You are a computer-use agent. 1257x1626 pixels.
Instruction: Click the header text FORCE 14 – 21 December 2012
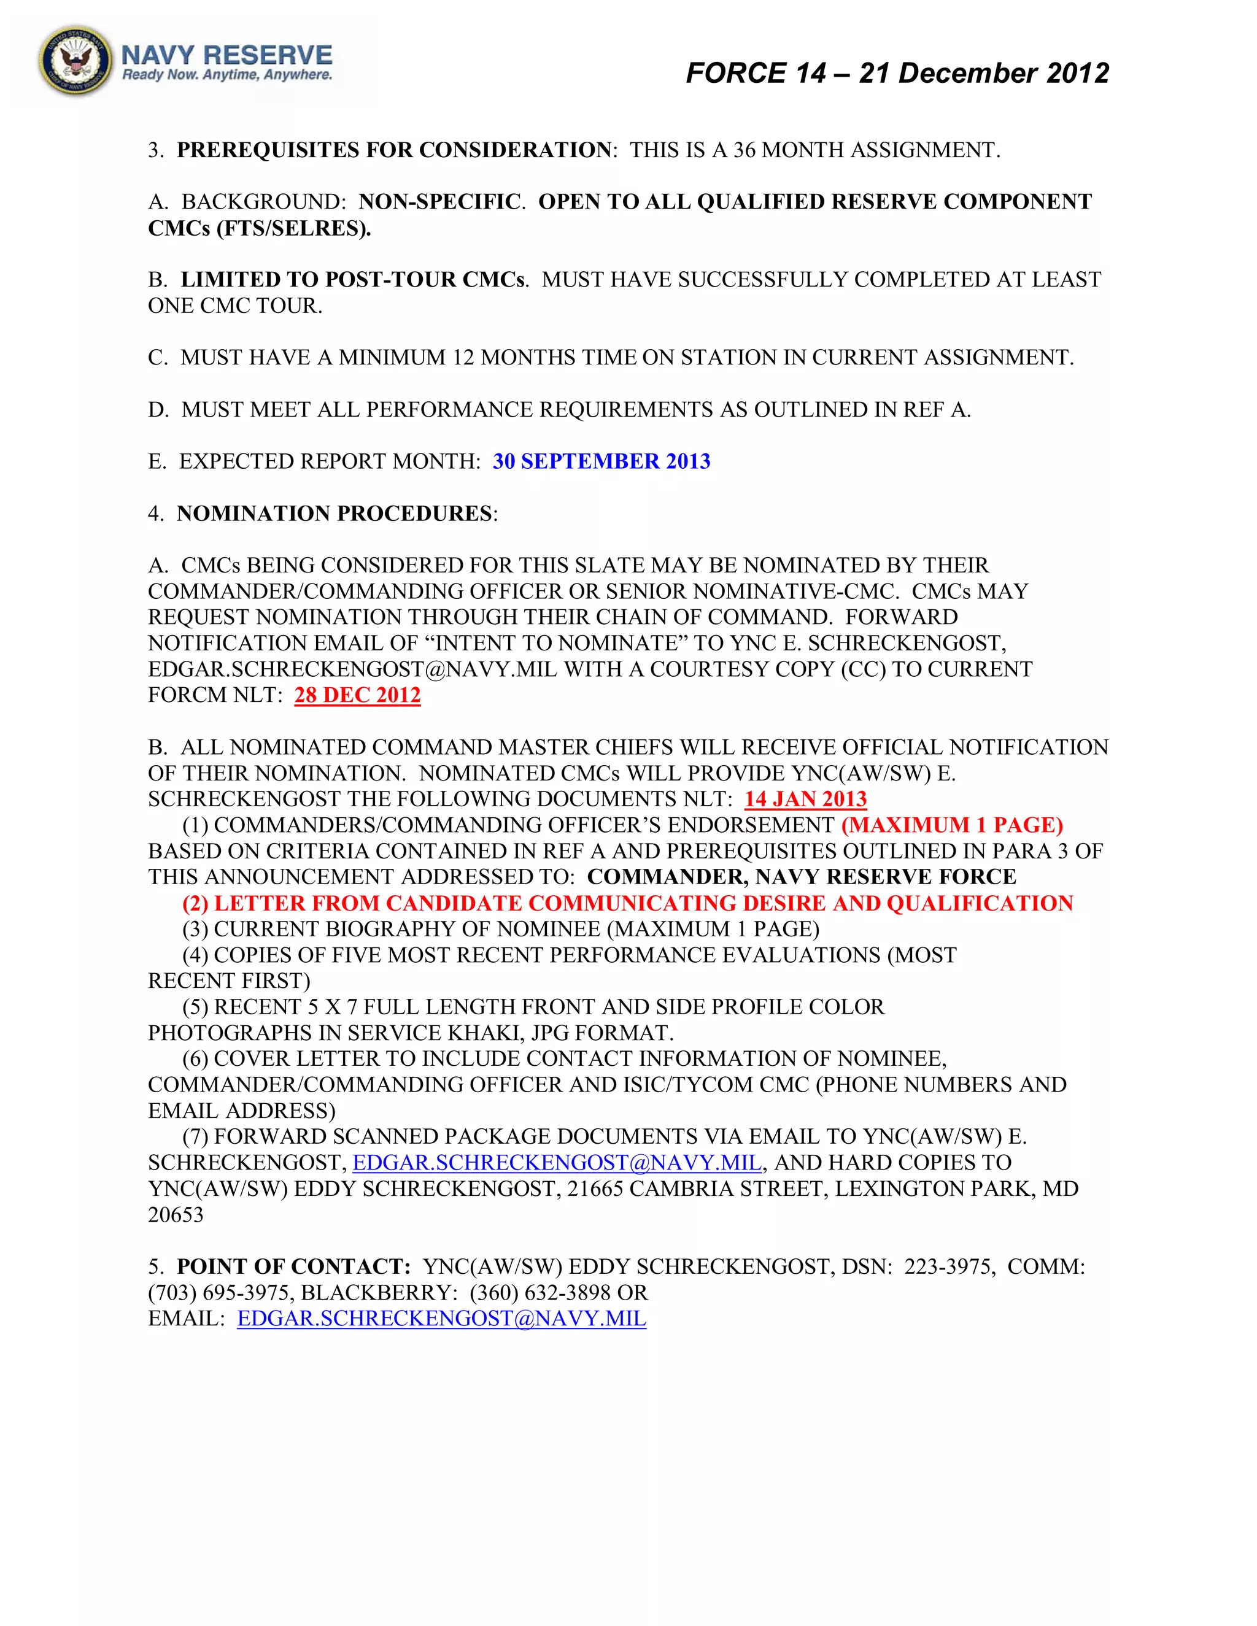(x=897, y=73)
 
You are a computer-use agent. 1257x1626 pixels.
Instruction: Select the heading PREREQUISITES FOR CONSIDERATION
(x=394, y=150)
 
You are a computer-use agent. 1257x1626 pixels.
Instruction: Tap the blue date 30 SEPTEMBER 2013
(x=601, y=461)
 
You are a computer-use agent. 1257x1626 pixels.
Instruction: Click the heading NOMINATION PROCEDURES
(x=335, y=514)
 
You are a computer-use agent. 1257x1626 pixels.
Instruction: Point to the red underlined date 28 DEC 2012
(x=357, y=695)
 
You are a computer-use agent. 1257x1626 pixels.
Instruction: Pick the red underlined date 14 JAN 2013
(x=806, y=800)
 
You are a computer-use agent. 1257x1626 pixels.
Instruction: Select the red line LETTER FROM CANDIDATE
(x=628, y=904)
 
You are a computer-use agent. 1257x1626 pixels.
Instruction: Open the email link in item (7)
(x=556, y=1163)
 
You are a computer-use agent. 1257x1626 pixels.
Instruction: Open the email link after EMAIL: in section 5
(x=441, y=1319)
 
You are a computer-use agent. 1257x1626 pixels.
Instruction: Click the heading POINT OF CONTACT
(x=293, y=1267)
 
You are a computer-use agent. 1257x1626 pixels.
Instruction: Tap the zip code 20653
(x=176, y=1215)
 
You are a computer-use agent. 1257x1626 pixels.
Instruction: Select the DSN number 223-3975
(x=949, y=1267)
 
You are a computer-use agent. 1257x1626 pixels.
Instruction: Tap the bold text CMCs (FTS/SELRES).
(x=259, y=229)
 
